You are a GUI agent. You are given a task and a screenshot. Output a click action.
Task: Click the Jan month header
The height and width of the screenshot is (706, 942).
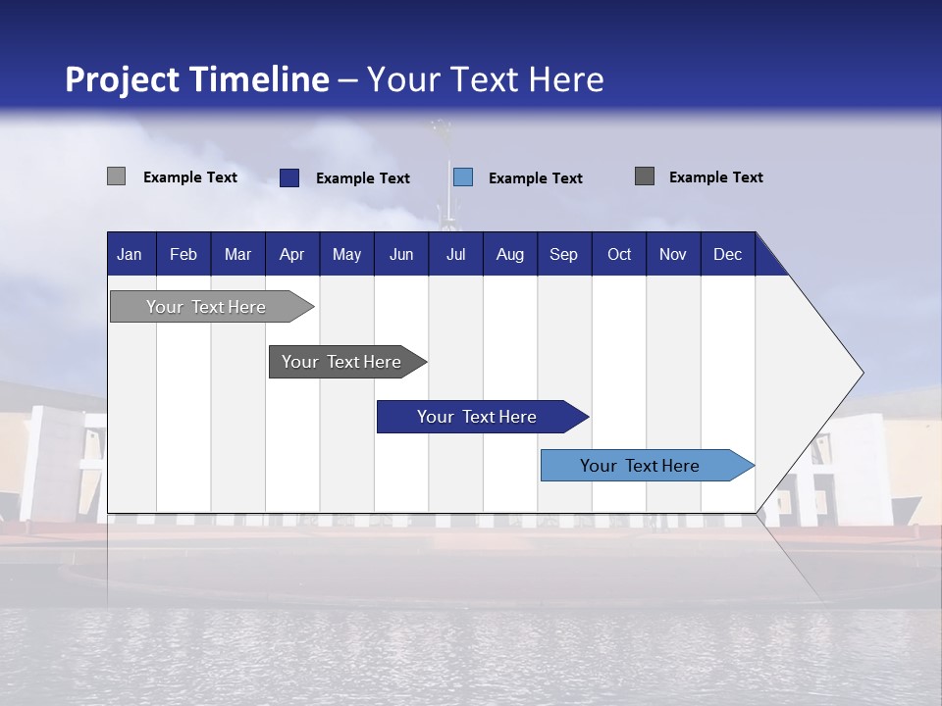130,255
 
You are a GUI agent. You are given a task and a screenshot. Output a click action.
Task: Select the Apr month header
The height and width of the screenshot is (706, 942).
291,255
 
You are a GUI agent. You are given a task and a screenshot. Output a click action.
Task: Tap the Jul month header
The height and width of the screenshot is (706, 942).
455,255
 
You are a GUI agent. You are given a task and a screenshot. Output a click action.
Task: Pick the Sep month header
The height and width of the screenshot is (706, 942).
563,255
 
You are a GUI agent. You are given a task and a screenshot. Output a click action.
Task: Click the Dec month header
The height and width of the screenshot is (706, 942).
727,255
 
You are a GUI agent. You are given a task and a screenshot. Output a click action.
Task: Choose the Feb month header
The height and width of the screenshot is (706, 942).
183,255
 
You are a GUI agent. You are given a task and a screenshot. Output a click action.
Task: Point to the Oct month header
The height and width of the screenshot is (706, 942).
619,255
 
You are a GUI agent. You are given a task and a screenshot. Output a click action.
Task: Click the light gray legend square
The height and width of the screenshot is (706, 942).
116,176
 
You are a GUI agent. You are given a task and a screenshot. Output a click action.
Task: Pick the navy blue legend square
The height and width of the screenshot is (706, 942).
288,177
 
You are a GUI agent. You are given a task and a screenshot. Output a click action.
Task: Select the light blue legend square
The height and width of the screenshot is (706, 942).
463,176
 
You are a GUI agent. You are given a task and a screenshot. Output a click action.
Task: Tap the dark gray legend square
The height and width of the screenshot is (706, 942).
644,176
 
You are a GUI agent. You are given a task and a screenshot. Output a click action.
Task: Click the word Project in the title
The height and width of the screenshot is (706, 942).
122,79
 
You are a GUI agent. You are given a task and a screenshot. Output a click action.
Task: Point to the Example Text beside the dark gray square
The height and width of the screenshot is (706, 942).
715,177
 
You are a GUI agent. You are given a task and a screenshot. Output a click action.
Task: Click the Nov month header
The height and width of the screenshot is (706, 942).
673,255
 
